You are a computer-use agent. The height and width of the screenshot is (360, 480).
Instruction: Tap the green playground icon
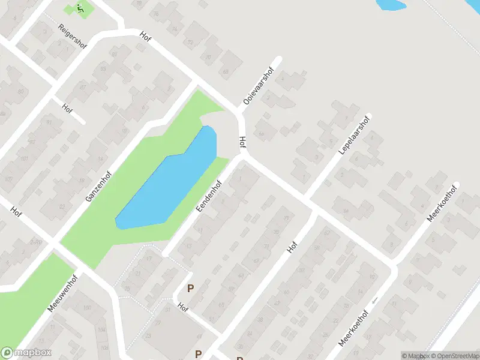pos(80,8)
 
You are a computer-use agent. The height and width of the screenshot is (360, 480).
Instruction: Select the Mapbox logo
pos(26,353)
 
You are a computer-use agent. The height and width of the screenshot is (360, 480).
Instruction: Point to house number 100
pos(87,308)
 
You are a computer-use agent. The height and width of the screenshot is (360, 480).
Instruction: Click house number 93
pos(104,70)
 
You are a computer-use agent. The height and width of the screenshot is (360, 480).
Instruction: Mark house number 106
pos(104,347)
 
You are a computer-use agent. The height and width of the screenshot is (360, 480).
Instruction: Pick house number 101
pos(24,158)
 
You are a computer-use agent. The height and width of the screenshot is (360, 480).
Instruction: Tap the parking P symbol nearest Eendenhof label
pos(191,289)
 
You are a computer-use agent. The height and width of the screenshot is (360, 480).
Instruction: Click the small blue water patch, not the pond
pos(390,5)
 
